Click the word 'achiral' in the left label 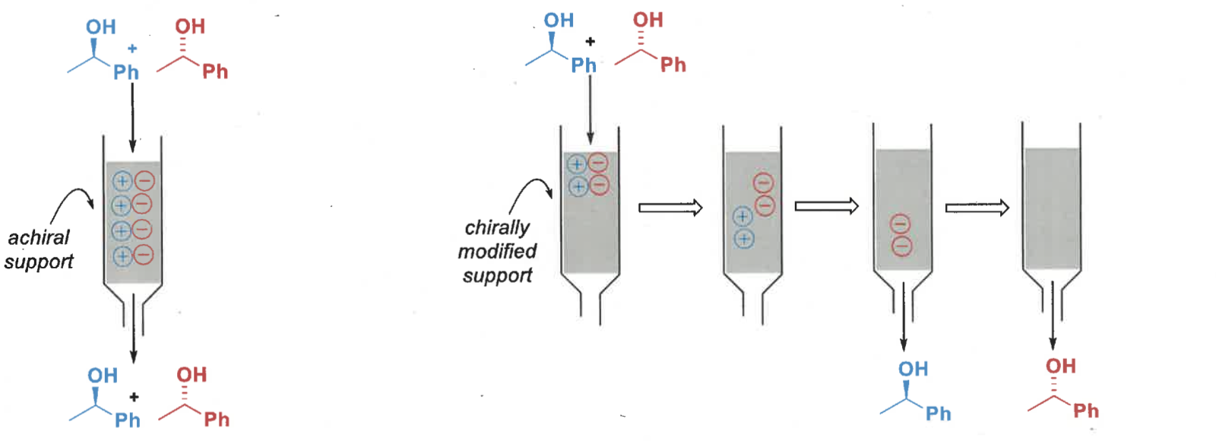38,237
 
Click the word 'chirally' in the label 497,227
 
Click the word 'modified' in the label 497,251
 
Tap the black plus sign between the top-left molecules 132,49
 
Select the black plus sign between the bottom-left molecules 134,397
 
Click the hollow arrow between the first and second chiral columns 670,208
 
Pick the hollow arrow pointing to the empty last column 977,208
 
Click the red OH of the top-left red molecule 190,27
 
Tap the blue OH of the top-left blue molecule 100,27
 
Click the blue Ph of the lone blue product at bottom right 938,414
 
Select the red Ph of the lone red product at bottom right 1086,411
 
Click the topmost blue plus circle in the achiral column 122,181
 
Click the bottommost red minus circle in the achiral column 144,255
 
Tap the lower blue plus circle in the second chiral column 743,239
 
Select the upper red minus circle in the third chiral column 901,224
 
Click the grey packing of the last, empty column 1052,209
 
